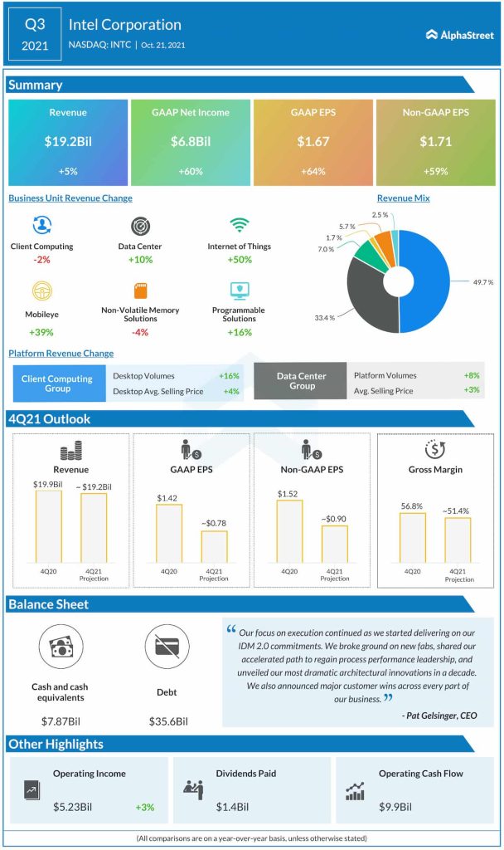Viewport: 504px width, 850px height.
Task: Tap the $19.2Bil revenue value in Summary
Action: pyautogui.click(x=67, y=142)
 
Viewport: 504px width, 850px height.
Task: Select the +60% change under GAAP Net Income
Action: pyautogui.click(x=191, y=170)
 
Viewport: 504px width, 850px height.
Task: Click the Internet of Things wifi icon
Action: pyautogui.click(x=239, y=226)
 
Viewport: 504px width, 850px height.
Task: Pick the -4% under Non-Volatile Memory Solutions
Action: pyautogui.click(x=140, y=332)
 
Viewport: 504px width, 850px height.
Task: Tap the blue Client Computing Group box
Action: pyautogui.click(x=58, y=383)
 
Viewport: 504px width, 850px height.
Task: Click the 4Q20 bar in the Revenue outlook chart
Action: pyautogui.click(x=48, y=526)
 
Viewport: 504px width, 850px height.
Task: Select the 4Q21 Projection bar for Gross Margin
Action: pyautogui.click(x=458, y=540)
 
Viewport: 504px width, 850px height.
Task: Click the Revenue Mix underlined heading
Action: pyautogui.click(x=403, y=198)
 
